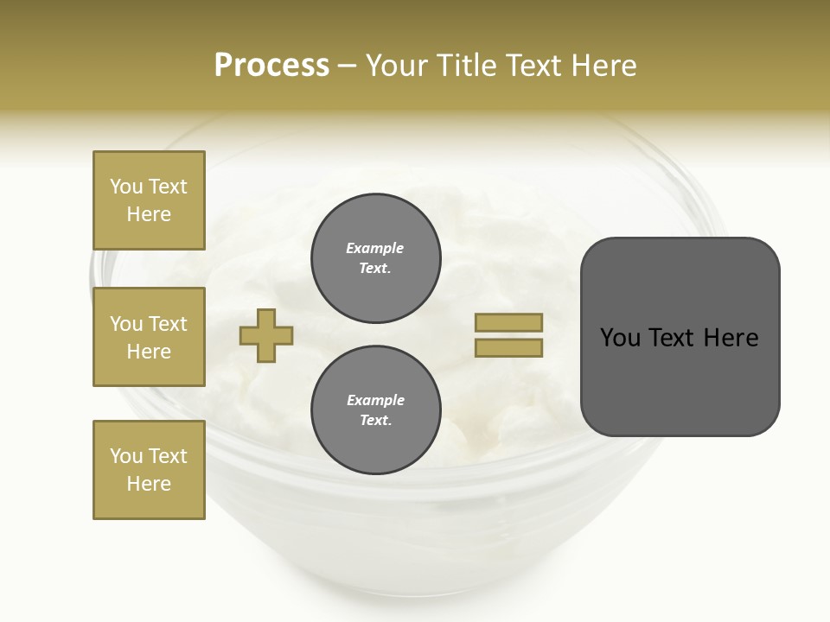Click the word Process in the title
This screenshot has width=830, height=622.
271,66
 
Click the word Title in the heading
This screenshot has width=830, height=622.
465,66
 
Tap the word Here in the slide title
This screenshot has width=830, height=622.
603,66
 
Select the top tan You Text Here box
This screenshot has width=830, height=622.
149,200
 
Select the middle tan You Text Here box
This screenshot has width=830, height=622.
149,337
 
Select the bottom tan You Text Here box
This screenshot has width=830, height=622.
149,470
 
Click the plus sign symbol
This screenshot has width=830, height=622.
266,336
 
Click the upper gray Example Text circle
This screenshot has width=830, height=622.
376,258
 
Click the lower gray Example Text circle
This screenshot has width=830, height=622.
376,410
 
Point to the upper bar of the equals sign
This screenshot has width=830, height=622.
508,322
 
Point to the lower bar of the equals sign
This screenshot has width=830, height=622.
508,347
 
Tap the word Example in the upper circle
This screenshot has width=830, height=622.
375,248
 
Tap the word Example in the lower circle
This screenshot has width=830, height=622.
375,400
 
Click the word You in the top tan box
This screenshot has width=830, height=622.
126,187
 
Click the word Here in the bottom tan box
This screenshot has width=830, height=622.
149,484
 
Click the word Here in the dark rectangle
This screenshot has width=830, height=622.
731,338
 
